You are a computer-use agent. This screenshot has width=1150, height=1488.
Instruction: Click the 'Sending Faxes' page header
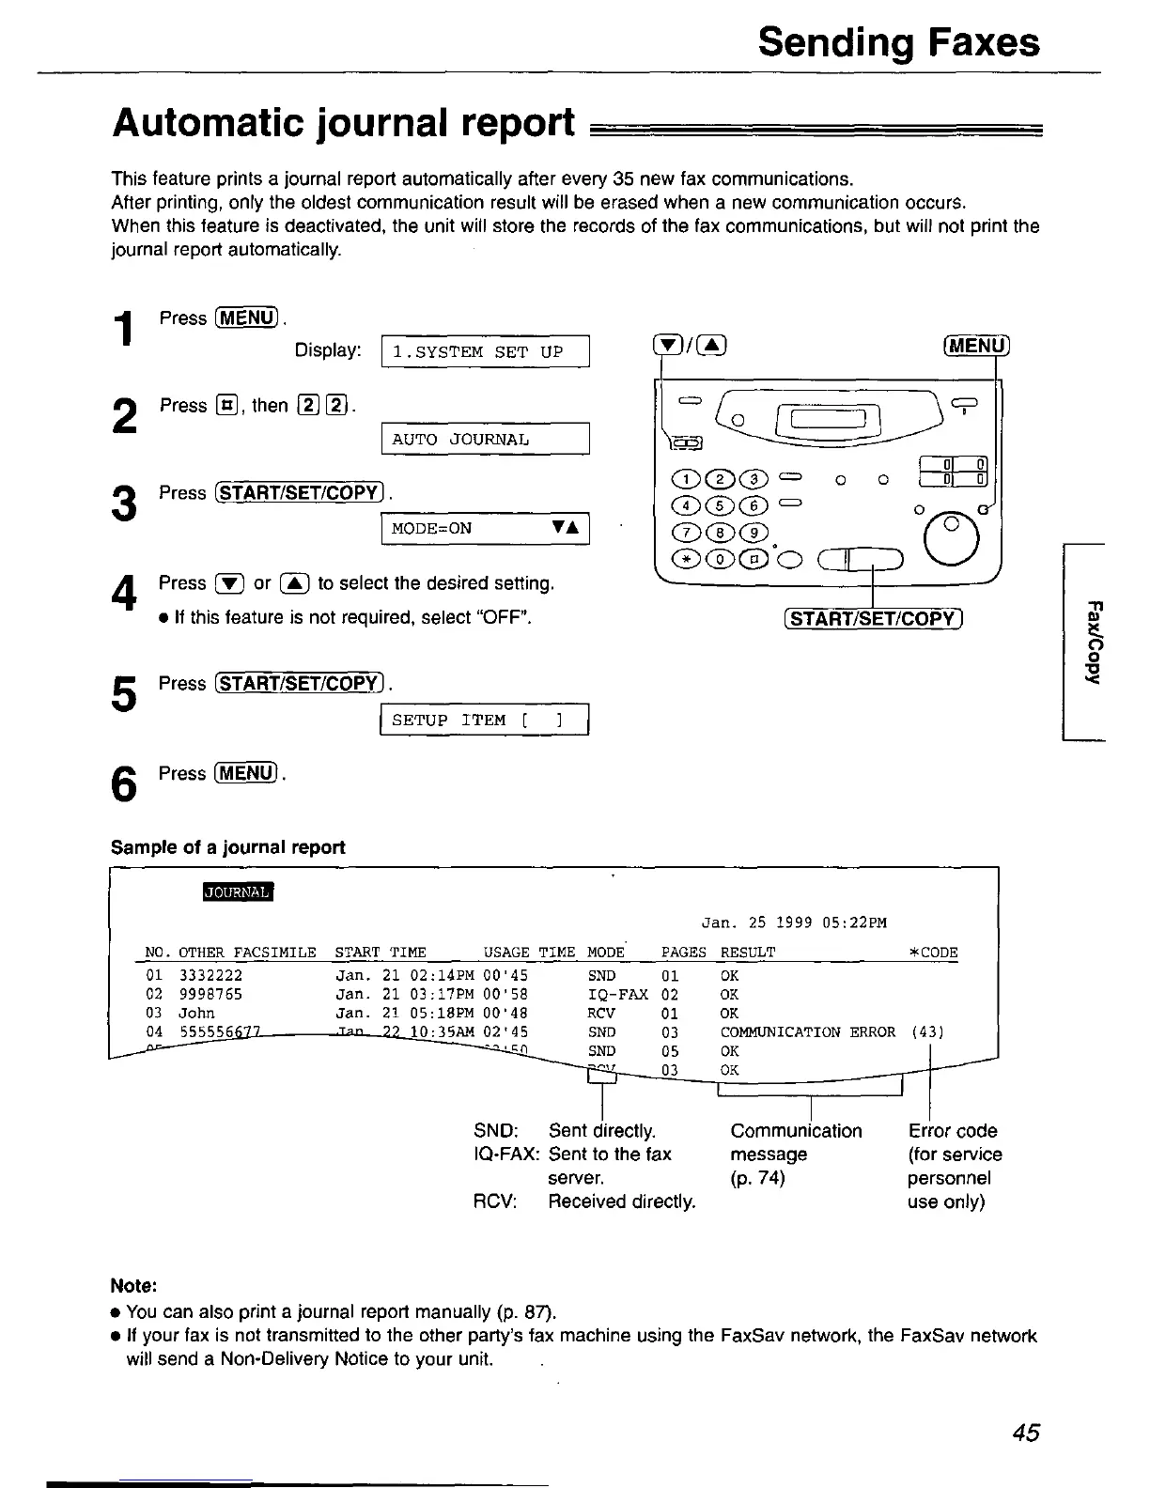[x=898, y=42]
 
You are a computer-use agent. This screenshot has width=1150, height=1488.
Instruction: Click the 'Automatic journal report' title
[x=343, y=123]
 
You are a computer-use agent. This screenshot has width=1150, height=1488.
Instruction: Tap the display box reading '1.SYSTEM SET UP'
[x=485, y=351]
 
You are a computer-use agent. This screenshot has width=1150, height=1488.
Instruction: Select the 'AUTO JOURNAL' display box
[x=485, y=440]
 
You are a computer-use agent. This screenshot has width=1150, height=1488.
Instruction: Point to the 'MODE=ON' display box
[x=485, y=528]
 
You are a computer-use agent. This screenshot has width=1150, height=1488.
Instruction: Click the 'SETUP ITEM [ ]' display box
[x=483, y=720]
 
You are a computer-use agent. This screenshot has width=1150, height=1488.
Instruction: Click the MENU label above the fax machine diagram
[x=974, y=346]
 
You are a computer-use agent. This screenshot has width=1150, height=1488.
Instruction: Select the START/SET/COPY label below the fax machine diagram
[x=873, y=618]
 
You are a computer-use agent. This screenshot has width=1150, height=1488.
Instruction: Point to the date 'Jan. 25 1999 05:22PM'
[x=794, y=922]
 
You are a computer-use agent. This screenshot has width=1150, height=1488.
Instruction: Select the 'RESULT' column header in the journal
[x=748, y=953]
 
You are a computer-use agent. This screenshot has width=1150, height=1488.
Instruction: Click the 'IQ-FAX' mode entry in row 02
[x=617, y=994]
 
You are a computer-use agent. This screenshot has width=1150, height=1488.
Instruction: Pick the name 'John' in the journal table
[x=196, y=1013]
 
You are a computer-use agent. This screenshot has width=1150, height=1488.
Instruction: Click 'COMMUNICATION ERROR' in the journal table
[x=807, y=1031]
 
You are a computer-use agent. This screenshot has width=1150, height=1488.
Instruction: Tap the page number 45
[x=1026, y=1432]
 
